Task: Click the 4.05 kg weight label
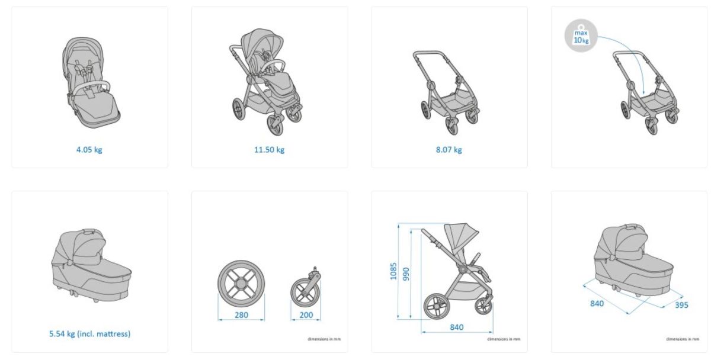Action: point(89,150)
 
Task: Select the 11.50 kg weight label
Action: point(269,150)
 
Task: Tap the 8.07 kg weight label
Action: point(449,150)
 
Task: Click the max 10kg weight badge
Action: point(581,36)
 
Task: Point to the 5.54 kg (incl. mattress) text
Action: point(90,334)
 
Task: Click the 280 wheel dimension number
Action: point(241,315)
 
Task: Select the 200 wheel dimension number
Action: point(306,315)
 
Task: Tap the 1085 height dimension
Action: point(393,271)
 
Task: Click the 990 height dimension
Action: point(406,274)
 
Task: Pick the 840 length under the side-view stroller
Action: point(456,327)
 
